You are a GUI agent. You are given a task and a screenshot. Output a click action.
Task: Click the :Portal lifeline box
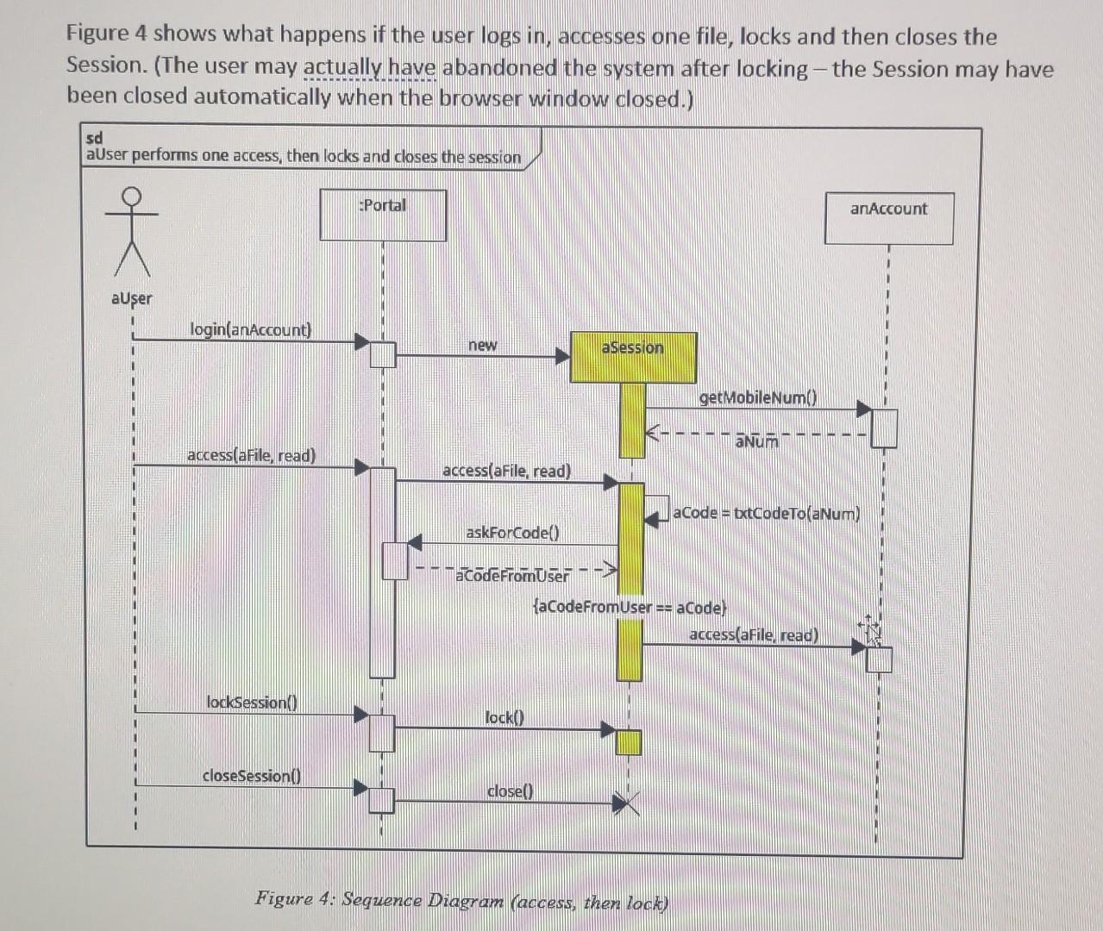(x=383, y=216)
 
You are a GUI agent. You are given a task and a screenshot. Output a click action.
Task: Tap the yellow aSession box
(x=633, y=357)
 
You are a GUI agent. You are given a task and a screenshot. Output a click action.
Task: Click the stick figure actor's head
(x=131, y=197)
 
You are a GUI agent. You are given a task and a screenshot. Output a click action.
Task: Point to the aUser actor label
(x=131, y=298)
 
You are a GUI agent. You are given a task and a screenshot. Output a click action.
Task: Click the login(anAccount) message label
(x=250, y=329)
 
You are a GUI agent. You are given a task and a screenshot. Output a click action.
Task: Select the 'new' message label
(x=482, y=345)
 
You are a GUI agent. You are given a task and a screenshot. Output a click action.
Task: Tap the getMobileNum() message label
(x=757, y=397)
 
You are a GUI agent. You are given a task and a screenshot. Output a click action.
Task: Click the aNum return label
(x=756, y=442)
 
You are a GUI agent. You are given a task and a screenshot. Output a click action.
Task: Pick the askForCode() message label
(x=512, y=532)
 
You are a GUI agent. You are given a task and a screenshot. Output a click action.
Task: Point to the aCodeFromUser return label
(x=512, y=576)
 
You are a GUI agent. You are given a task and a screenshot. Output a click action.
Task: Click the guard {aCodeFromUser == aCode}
(x=630, y=607)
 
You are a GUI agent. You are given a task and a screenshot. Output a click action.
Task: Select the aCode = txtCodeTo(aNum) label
(x=766, y=513)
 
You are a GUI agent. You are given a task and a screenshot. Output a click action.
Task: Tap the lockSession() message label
(x=251, y=702)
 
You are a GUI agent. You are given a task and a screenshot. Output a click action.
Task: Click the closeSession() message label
(x=251, y=775)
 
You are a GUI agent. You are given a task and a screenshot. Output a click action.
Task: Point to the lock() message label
(x=504, y=716)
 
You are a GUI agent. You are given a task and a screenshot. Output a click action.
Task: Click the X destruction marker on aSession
(x=628, y=804)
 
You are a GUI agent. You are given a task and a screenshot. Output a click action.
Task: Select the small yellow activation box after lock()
(x=629, y=741)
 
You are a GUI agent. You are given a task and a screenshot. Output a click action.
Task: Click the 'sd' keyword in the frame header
(x=95, y=138)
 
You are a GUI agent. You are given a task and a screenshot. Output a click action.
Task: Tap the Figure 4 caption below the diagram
(x=461, y=901)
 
